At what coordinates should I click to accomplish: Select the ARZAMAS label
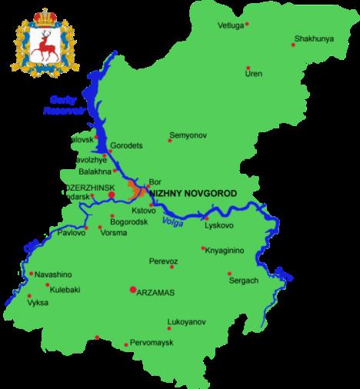click(x=157, y=291)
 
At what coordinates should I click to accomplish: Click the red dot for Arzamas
click(x=133, y=291)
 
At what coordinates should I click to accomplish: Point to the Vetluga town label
click(x=232, y=25)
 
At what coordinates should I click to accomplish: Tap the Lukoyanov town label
click(x=185, y=323)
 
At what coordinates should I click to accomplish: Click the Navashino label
click(x=52, y=273)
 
